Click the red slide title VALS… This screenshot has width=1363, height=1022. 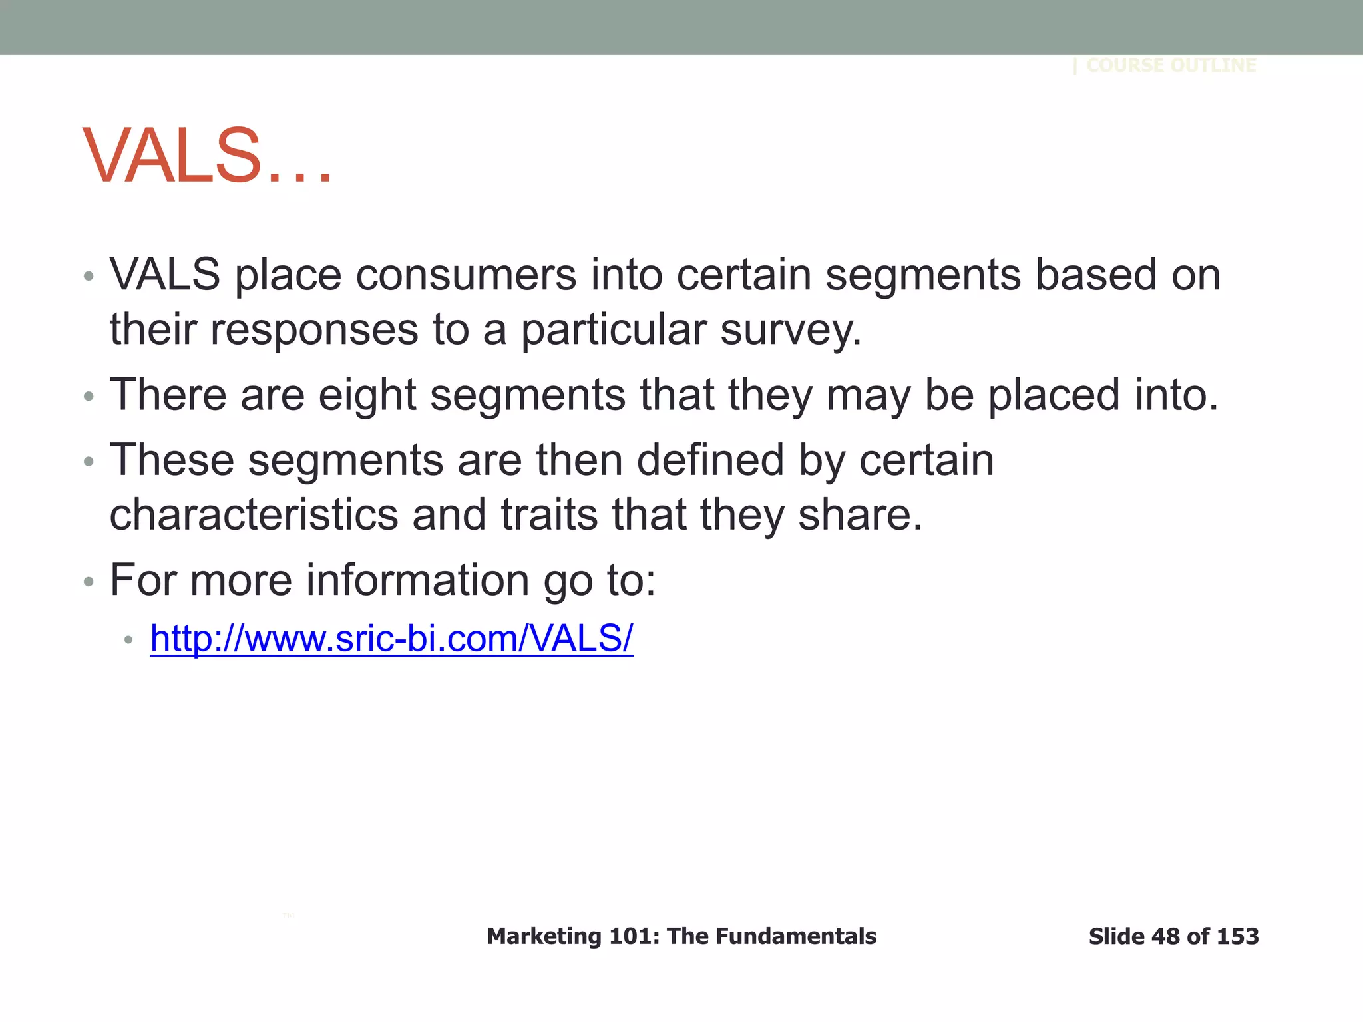click(206, 156)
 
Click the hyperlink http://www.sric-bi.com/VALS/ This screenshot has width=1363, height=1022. click(391, 639)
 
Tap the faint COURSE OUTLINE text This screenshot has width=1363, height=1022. click(1171, 65)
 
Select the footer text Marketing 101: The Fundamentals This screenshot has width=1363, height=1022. click(681, 936)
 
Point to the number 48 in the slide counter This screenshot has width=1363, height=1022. click(1165, 936)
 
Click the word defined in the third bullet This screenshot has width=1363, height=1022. click(710, 460)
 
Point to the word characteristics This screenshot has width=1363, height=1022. click(254, 515)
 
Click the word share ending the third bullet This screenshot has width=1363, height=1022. click(859, 515)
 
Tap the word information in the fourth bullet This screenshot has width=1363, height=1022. click(417, 580)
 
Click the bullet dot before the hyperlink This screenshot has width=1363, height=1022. click(129, 641)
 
